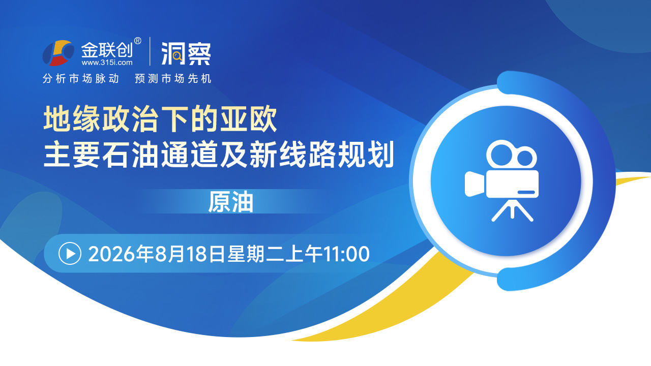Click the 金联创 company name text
106,50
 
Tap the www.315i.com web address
107,63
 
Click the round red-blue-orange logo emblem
58,53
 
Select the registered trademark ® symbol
137,41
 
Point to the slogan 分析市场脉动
81,78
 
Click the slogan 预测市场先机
173,78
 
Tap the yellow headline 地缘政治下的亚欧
160,119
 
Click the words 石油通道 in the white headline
160,154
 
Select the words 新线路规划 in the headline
321,154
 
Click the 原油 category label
230,202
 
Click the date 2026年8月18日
157,254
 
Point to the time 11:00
346,254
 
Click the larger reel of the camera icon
501,155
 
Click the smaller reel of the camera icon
525,158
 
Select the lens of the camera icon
475,184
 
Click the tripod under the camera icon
512,210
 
